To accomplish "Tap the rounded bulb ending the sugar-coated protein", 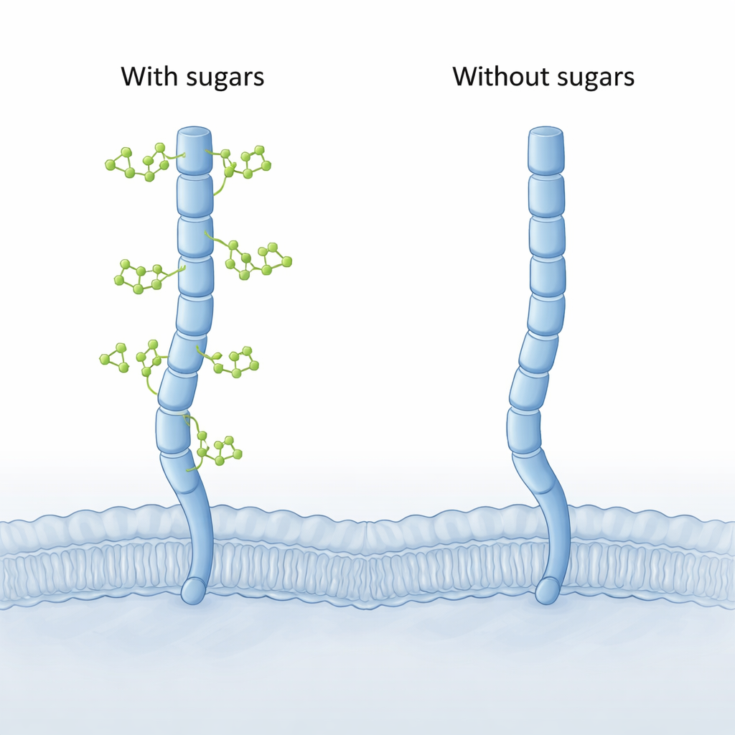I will coord(193,591).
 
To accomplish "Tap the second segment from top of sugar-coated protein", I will coord(195,195).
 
